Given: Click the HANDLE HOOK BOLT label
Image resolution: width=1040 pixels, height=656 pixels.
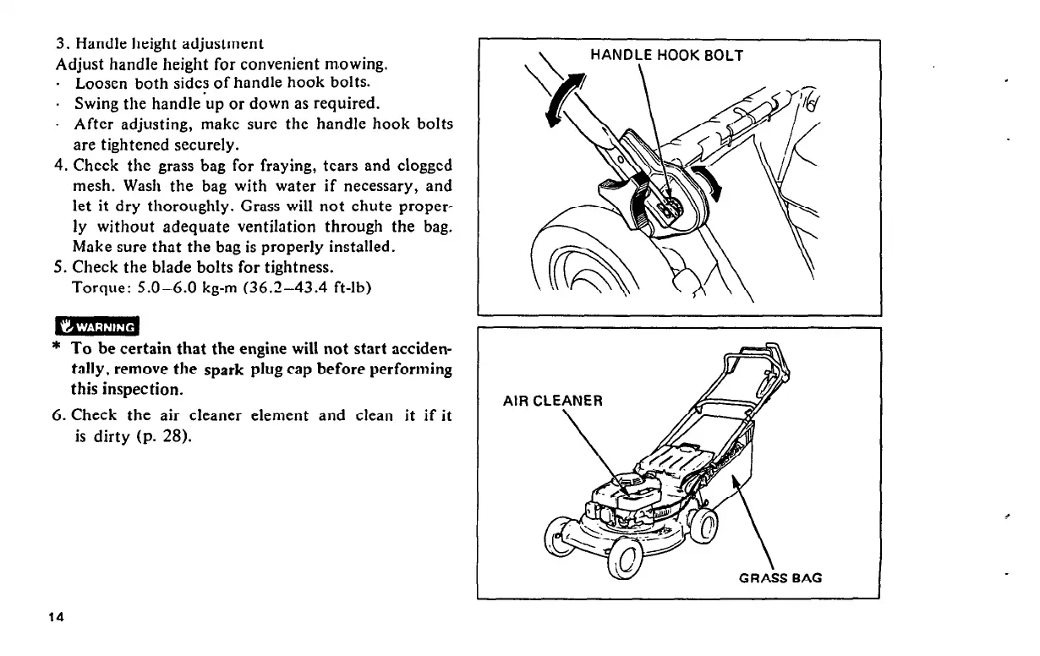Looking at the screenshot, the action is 665,56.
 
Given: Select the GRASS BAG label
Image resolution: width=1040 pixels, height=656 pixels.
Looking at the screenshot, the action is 780,578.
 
